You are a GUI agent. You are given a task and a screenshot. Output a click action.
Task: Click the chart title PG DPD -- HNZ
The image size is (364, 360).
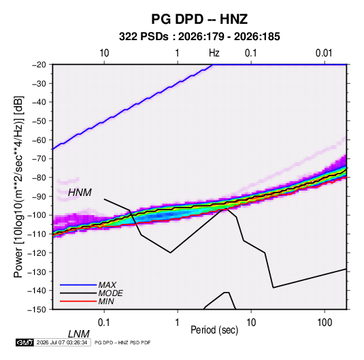point(199,19)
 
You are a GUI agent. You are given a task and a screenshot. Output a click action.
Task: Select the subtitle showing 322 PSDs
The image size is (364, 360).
point(199,37)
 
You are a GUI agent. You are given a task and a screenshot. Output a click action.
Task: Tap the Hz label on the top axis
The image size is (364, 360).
point(214,53)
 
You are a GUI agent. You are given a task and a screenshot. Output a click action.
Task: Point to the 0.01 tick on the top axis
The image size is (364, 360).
point(324,53)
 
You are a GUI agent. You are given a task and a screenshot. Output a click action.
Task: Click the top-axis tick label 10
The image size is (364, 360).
point(104,53)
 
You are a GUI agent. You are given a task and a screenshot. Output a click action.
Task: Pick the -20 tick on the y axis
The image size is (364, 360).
point(39,65)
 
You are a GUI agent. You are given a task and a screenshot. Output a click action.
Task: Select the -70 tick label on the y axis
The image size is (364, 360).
point(39,159)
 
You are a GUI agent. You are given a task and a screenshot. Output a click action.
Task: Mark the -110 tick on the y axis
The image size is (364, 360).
point(37,234)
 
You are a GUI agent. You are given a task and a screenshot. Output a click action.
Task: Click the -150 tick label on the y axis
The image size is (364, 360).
point(37,310)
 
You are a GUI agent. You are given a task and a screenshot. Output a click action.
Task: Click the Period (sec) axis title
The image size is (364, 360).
point(214,330)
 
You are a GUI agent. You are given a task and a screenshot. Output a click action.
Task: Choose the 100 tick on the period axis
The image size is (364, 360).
point(325,323)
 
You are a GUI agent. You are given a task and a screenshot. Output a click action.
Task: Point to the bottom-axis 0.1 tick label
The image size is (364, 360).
point(104,323)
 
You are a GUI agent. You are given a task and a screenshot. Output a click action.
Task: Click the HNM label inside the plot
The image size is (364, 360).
point(80,193)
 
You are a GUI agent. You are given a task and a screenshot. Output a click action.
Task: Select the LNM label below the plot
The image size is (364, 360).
point(78,334)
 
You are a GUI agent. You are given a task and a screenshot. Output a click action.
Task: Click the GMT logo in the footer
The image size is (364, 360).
point(24,342)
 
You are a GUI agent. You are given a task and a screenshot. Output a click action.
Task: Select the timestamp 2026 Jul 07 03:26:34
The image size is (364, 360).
point(62,342)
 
